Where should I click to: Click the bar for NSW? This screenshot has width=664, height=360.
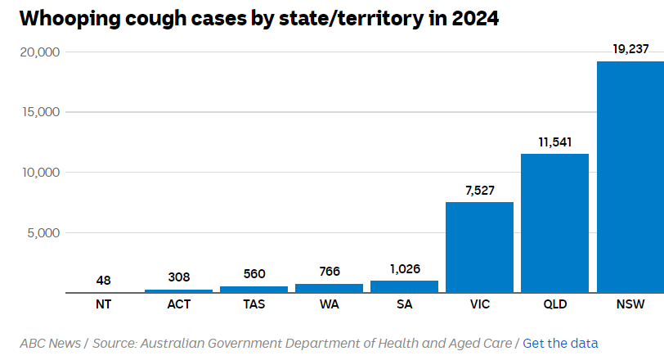pyautogui.click(x=630, y=177)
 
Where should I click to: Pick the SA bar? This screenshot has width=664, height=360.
pyautogui.click(x=404, y=286)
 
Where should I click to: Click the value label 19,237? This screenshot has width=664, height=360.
pyautogui.click(x=630, y=49)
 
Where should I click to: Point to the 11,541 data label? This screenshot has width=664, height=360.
pyautogui.click(x=554, y=142)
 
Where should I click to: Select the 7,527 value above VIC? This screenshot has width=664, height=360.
pyautogui.click(x=479, y=190)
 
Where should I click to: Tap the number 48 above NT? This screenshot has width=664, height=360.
pyautogui.click(x=103, y=280)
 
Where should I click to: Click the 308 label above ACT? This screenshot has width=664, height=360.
pyautogui.click(x=178, y=277)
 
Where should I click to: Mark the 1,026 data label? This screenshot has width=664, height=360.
pyautogui.click(x=404, y=268)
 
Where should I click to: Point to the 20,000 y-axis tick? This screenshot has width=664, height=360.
pyautogui.click(x=39, y=52)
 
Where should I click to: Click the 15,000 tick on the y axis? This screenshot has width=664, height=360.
pyautogui.click(x=39, y=112)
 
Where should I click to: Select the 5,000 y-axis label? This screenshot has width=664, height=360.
pyautogui.click(x=43, y=232)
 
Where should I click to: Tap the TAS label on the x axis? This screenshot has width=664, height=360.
pyautogui.click(x=253, y=305)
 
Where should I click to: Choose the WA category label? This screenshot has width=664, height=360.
pyautogui.click(x=329, y=305)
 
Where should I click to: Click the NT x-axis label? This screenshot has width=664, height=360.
pyautogui.click(x=103, y=305)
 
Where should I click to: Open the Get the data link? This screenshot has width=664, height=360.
pyautogui.click(x=560, y=343)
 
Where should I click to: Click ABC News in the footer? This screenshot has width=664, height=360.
pyautogui.click(x=50, y=343)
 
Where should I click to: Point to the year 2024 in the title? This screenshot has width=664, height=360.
pyautogui.click(x=470, y=19)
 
